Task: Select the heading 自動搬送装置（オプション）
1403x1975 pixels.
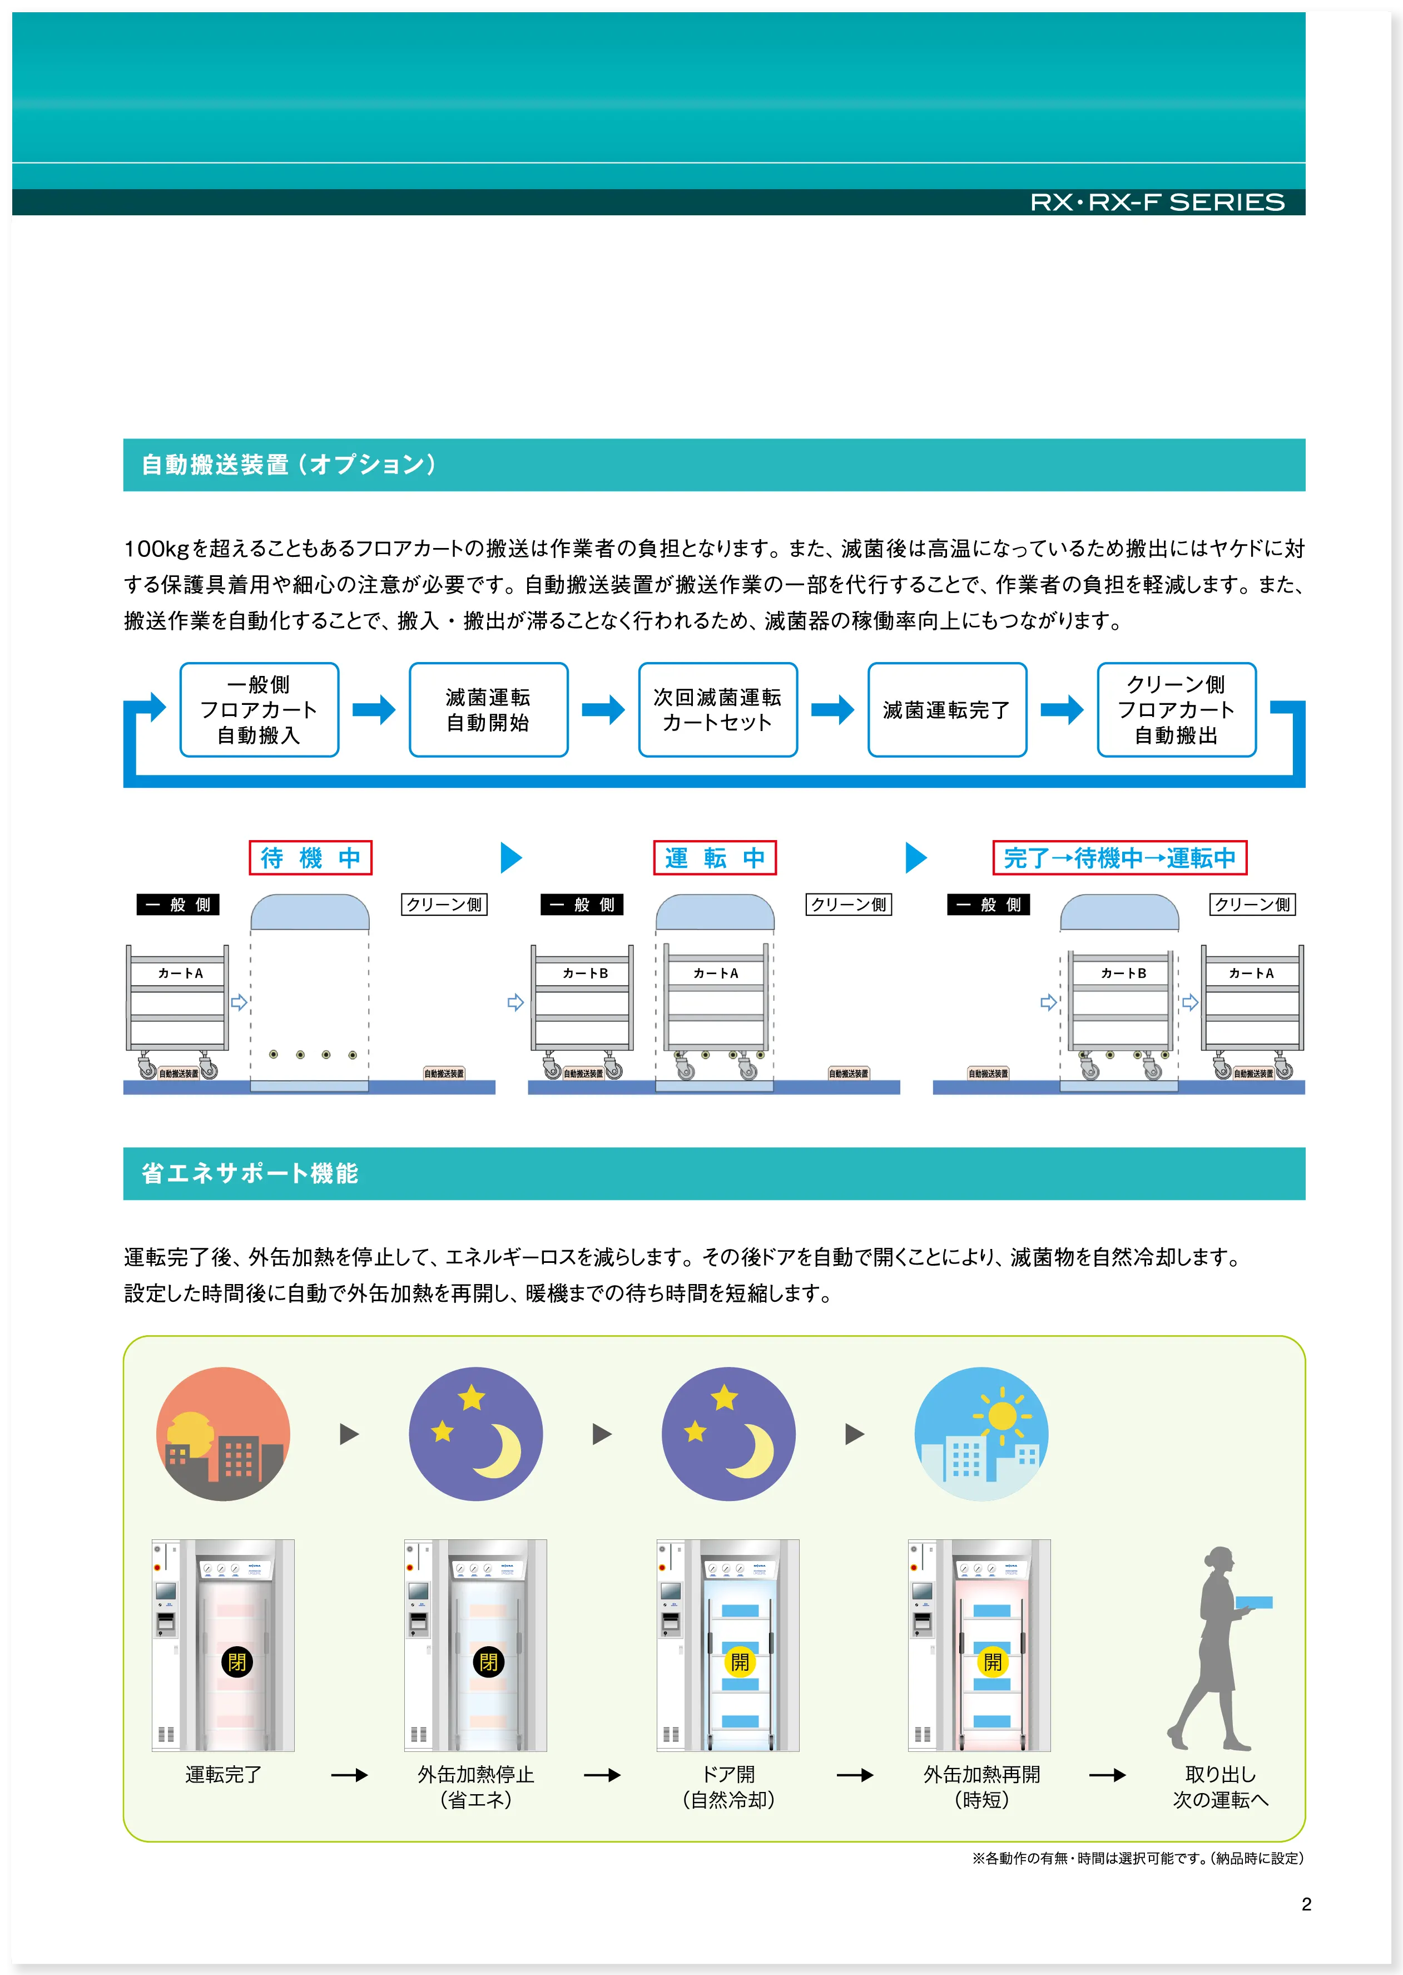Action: (289, 465)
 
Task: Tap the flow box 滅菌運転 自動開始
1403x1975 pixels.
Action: (488, 710)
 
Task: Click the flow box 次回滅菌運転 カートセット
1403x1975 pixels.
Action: (717, 710)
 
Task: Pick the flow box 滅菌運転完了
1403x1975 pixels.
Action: (947, 710)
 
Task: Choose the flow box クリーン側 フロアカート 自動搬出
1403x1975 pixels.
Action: (1176, 710)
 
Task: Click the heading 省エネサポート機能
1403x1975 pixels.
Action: (250, 1173)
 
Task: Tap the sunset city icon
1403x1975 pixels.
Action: (223, 1433)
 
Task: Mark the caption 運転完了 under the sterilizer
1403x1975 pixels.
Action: (223, 1775)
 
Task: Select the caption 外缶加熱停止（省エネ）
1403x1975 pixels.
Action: (476, 1786)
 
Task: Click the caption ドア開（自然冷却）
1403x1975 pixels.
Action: (728, 1786)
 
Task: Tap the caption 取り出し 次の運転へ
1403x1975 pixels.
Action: (1220, 1786)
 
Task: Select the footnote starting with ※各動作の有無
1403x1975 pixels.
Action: (1137, 1858)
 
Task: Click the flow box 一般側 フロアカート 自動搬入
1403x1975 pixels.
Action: (259, 710)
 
